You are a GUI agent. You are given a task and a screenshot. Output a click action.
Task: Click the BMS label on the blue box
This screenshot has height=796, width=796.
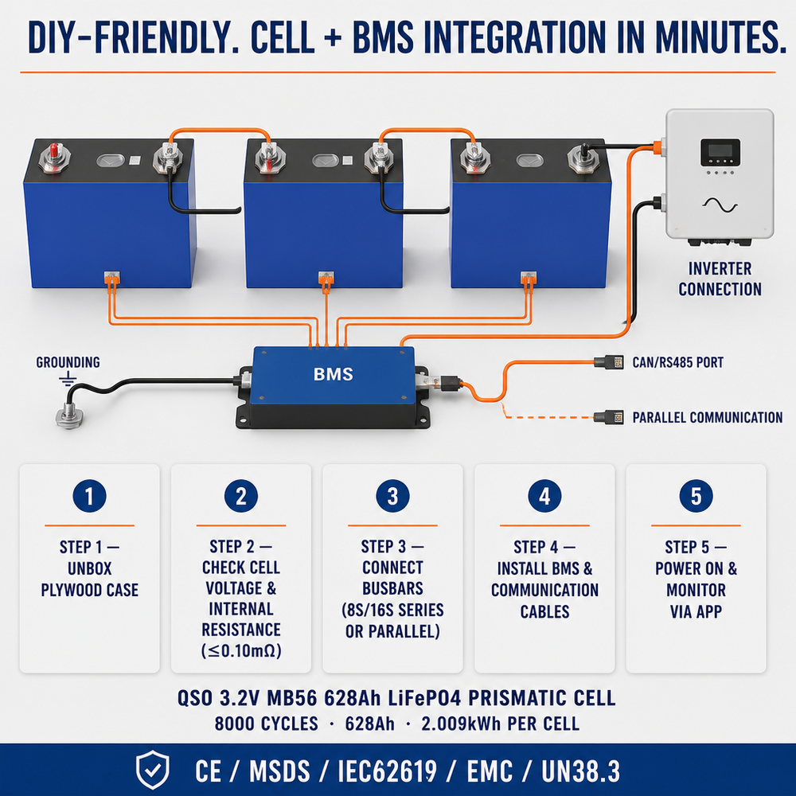(333, 374)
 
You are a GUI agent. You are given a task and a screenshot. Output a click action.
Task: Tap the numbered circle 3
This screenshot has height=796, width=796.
(392, 496)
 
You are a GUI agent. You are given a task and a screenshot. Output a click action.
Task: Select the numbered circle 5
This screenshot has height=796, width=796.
(696, 496)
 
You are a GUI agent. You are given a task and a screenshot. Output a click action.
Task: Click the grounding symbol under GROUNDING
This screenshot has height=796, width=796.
(68, 379)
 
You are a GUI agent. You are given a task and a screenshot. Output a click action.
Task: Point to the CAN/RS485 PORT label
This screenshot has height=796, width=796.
(677, 362)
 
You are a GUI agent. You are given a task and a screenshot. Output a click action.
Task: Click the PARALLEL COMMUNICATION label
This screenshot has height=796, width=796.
(707, 418)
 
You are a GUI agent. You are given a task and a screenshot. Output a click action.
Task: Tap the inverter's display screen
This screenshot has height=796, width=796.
(720, 151)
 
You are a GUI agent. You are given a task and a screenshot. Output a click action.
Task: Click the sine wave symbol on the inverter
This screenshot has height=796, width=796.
(720, 205)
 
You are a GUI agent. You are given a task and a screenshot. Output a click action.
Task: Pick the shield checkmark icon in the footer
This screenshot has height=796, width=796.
(152, 770)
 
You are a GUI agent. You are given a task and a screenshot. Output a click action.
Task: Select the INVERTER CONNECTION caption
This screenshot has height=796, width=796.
(720, 279)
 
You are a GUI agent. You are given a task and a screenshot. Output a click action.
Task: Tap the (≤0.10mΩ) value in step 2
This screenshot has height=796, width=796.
(241, 650)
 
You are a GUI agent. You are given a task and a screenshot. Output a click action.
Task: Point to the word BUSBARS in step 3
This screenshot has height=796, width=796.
(392, 588)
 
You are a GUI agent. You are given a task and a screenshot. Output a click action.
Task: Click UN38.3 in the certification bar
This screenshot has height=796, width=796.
(580, 771)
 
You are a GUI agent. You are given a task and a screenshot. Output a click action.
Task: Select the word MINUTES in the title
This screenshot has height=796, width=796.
(716, 37)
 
